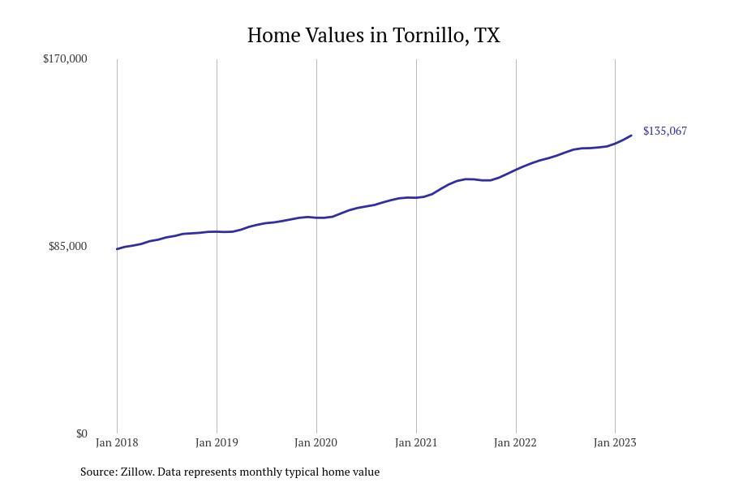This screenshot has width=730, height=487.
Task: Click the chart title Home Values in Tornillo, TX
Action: [x=373, y=36]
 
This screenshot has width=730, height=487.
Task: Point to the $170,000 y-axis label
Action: [x=65, y=58]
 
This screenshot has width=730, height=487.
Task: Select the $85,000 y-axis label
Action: [x=67, y=246]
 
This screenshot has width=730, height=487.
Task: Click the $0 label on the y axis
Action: [x=81, y=433]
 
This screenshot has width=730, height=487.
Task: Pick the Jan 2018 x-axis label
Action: [x=117, y=442]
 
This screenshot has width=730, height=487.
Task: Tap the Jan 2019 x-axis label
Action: [x=217, y=442]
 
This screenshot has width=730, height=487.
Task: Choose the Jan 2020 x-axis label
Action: [x=316, y=442]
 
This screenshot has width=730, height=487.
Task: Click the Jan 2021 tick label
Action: [x=416, y=442]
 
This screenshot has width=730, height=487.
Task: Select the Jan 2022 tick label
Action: [x=516, y=442]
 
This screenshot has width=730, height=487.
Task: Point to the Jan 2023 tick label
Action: [x=615, y=442]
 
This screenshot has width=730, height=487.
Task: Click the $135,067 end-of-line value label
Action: [x=664, y=131]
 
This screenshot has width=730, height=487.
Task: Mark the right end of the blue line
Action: [x=631, y=136]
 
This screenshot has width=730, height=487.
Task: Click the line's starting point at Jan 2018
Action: [x=118, y=248]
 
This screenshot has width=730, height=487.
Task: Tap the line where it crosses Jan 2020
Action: [x=316, y=218]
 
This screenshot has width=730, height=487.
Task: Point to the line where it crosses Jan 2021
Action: [x=416, y=197]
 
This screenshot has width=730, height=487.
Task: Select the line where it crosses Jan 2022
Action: [x=516, y=169]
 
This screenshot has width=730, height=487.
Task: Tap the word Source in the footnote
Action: [x=97, y=472]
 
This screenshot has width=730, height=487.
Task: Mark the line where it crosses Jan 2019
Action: [x=217, y=231]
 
